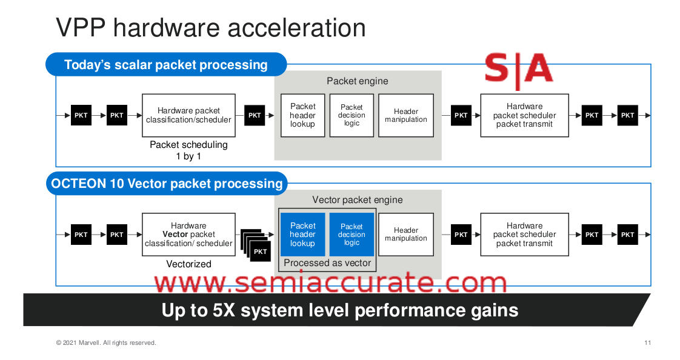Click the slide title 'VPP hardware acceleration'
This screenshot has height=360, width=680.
pos(210,28)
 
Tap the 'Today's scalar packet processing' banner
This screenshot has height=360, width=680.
pos(165,64)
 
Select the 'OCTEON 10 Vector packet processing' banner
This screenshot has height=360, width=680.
pos(167,183)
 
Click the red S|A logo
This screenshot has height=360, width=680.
pos(519,68)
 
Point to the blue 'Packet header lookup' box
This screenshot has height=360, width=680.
pos(302,235)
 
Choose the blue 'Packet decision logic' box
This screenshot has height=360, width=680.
pos(352,235)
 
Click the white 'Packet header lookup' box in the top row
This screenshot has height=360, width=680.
pos(302,115)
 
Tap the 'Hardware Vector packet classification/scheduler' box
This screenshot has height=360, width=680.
pos(188,235)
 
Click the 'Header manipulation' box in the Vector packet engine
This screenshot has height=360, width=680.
pos(405,235)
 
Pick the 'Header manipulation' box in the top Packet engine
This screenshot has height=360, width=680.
pos(405,115)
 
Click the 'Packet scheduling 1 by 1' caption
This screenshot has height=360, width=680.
pos(188,150)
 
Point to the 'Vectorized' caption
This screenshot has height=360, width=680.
pos(188,264)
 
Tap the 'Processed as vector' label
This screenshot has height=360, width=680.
pos(327,263)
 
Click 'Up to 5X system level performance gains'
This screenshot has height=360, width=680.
pos(339,310)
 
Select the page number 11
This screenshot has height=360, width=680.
pos(647,343)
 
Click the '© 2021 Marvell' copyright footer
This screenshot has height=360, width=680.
pos(106,343)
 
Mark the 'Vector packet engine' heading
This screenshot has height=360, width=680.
pos(357,200)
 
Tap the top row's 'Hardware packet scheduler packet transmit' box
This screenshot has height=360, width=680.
pos(524,115)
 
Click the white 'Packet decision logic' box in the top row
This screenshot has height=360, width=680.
pos(352,115)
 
